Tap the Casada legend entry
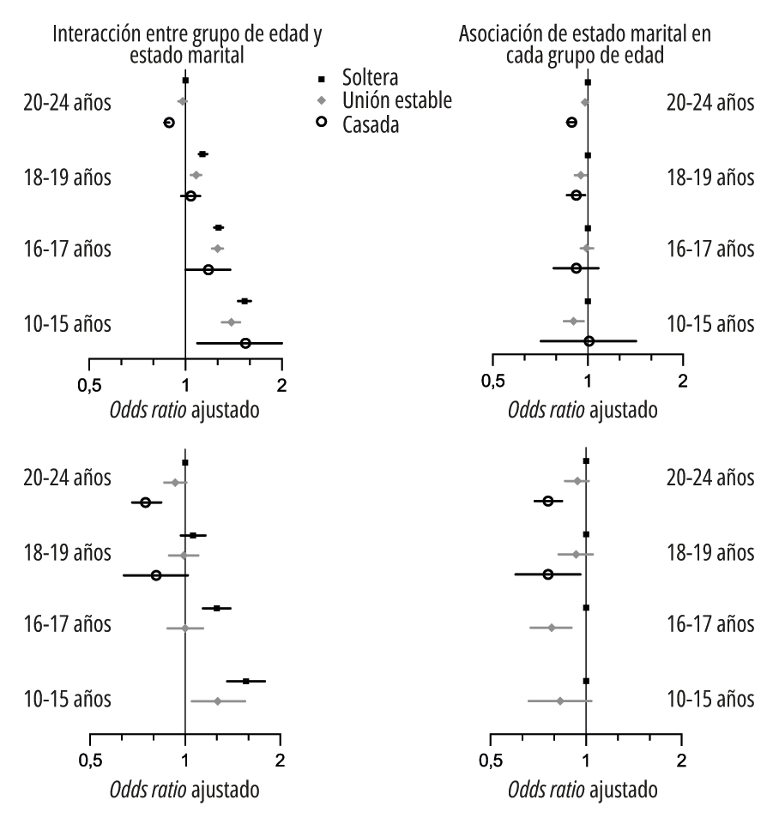pyautogui.click(x=370, y=123)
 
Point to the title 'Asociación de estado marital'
pyautogui.click(x=586, y=45)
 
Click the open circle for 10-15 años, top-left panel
pyautogui.click(x=245, y=343)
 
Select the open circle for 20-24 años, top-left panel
pyautogui.click(x=169, y=123)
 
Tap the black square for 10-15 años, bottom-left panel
pyautogui.click(x=246, y=681)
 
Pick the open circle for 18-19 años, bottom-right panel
pyautogui.click(x=548, y=574)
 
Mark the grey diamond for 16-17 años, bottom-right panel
pyautogui.click(x=552, y=628)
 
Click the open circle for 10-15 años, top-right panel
pyautogui.click(x=589, y=340)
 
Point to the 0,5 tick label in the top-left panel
pyautogui.click(x=89, y=383)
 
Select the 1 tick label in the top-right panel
pyautogui.click(x=588, y=381)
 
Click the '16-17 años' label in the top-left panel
pyautogui.click(x=69, y=250)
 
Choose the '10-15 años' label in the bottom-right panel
pyautogui.click(x=710, y=699)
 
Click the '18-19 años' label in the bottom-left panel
pyautogui.click(x=69, y=551)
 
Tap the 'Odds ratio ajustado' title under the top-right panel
pyautogui.click(x=583, y=410)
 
